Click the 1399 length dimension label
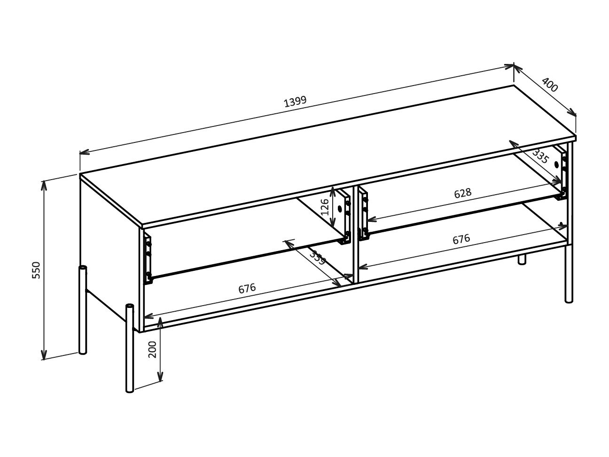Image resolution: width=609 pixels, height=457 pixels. [295, 102]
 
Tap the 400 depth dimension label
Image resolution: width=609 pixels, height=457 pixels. [549, 85]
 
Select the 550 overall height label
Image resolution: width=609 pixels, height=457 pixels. [37, 270]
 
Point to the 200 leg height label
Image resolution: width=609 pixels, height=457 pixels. [153, 348]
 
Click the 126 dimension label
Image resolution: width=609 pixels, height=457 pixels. [325, 206]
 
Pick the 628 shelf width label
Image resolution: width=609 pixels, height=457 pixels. [462, 193]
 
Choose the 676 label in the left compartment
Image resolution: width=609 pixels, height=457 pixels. [247, 288]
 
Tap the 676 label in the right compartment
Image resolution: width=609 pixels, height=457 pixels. [461, 239]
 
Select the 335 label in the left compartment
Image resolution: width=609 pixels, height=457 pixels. [318, 258]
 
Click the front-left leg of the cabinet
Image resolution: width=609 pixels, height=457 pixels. [130, 348]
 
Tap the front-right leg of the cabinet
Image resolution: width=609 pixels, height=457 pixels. [569, 273]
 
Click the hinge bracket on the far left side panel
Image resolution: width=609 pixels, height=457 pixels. [148, 259]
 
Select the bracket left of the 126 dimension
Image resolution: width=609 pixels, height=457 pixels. [347, 219]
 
